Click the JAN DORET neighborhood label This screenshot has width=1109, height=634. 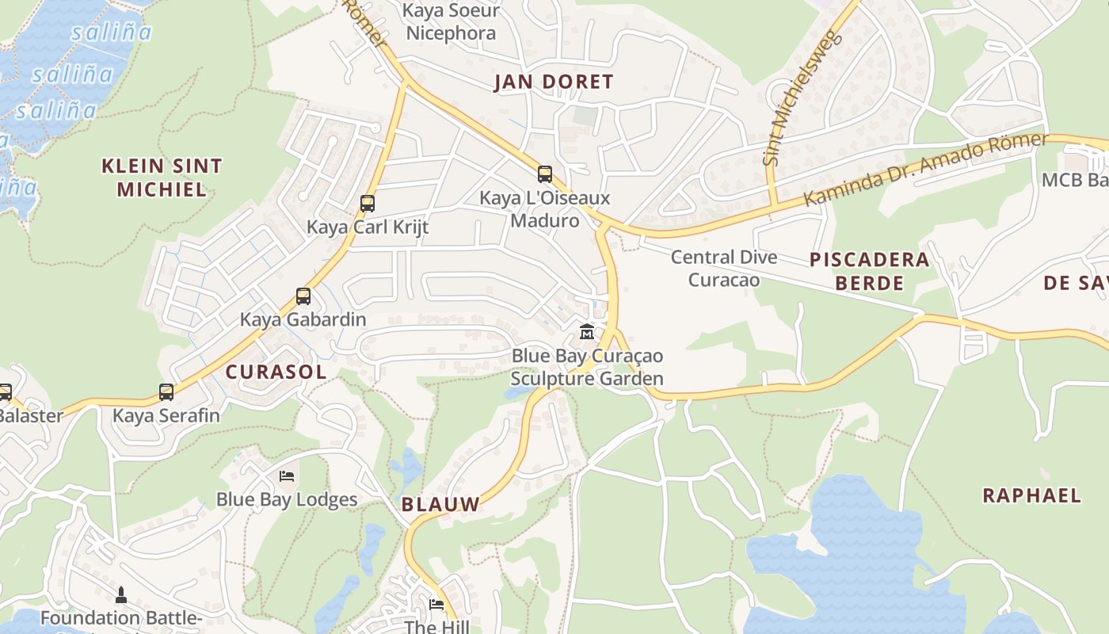click(x=554, y=82)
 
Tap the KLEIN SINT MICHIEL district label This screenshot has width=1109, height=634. click(x=162, y=178)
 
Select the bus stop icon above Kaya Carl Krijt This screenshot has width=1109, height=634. click(x=368, y=204)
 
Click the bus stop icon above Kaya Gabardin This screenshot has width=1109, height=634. click(x=303, y=296)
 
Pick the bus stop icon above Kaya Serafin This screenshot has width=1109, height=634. click(x=166, y=392)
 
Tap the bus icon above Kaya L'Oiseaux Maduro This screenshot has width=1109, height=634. click(x=545, y=174)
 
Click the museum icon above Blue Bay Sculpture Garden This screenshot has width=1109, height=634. click(x=587, y=332)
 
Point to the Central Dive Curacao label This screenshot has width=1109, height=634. click(x=723, y=269)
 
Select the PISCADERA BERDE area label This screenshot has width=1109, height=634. click(x=869, y=271)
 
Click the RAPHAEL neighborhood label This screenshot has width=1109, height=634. click(x=1031, y=496)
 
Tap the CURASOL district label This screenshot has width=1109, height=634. click(x=276, y=372)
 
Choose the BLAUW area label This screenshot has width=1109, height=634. click(x=440, y=504)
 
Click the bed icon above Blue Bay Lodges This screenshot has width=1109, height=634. click(x=288, y=476)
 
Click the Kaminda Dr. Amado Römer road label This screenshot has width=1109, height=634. click(x=925, y=170)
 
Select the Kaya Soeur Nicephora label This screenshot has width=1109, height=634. click(x=451, y=22)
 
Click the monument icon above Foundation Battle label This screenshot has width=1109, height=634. click(x=121, y=594)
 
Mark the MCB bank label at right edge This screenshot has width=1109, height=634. click(x=1074, y=180)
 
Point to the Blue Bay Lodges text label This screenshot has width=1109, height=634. click(x=287, y=500)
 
